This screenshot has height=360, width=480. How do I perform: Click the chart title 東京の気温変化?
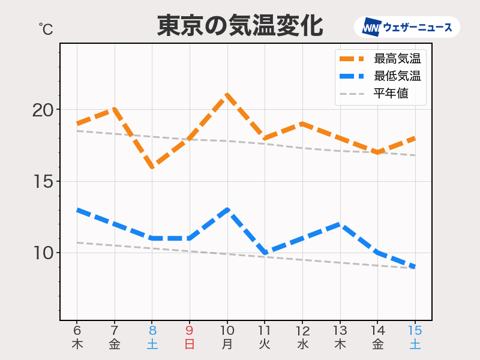tap(240, 26)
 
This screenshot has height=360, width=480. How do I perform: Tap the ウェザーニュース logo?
tap(407, 27)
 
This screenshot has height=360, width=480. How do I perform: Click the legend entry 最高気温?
tap(397, 59)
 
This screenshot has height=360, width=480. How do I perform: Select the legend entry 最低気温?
tap(397, 76)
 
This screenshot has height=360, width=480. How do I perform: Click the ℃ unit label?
tap(46, 28)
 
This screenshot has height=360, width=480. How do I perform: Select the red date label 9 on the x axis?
tap(190, 331)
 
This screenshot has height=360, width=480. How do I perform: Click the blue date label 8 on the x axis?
tap(152, 331)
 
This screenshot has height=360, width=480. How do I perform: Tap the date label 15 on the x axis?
tap(415, 331)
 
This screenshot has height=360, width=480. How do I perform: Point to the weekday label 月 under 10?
tap(227, 344)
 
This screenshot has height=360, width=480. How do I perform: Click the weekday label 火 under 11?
tap(265, 344)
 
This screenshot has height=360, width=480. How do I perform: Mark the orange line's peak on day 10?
tap(227, 95)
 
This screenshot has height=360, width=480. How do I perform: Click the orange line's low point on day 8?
tap(152, 167)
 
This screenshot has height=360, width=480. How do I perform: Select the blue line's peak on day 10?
tap(227, 210)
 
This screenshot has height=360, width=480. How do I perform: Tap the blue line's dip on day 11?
tap(265, 253)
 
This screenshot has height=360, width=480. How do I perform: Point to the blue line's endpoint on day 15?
tap(415, 267)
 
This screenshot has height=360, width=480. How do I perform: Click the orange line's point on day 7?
tap(115, 109)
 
